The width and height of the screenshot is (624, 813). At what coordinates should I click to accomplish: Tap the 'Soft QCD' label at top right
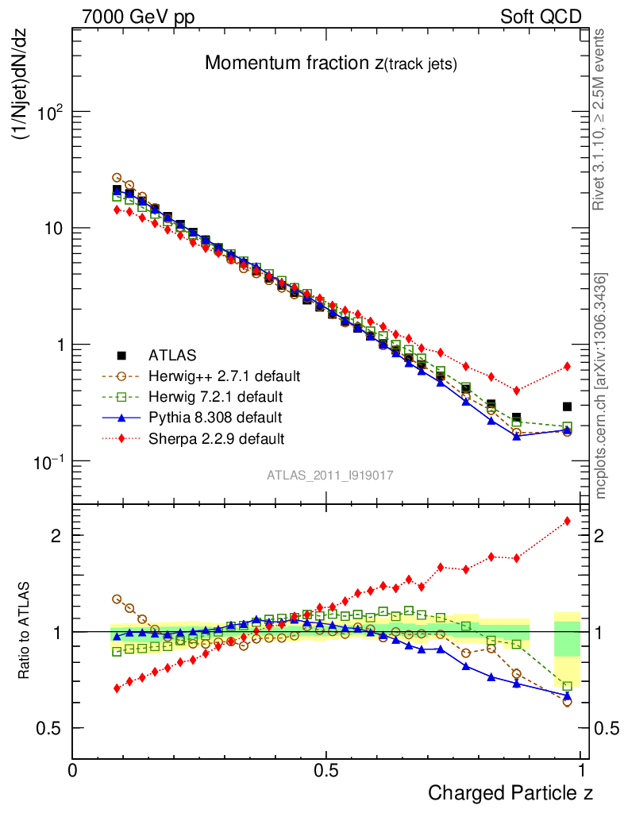click(541, 16)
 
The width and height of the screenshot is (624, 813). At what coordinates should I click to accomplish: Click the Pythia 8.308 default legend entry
click(214, 417)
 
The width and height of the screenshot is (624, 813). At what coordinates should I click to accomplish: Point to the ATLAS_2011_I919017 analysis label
click(330, 475)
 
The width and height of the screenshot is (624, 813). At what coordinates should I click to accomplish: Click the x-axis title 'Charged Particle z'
click(510, 792)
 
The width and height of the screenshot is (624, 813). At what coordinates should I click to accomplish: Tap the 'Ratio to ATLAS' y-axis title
click(25, 631)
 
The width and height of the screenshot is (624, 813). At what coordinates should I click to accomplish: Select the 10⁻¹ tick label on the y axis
click(48, 461)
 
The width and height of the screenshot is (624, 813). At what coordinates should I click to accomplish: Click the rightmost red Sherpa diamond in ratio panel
click(567, 521)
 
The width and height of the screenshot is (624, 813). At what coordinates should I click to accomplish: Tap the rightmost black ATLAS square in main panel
click(567, 406)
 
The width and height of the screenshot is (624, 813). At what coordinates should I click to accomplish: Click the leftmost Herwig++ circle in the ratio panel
click(117, 599)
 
